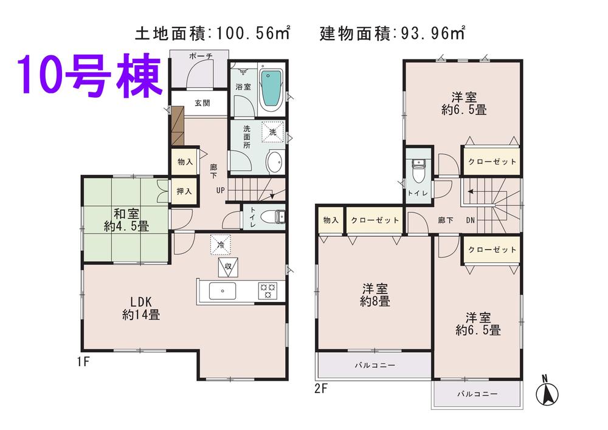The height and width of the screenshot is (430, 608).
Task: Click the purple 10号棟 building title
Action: click(90, 77)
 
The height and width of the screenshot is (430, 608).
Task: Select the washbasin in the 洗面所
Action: click(274, 162)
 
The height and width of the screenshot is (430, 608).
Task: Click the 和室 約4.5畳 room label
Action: click(126, 220)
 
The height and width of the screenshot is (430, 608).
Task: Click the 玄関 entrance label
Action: click(202, 103)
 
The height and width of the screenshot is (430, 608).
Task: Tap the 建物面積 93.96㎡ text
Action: click(392, 32)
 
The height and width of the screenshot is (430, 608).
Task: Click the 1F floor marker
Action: click(83, 363)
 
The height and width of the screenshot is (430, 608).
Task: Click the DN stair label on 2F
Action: click(470, 221)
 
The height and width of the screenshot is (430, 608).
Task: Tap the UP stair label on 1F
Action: click(219, 191)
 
